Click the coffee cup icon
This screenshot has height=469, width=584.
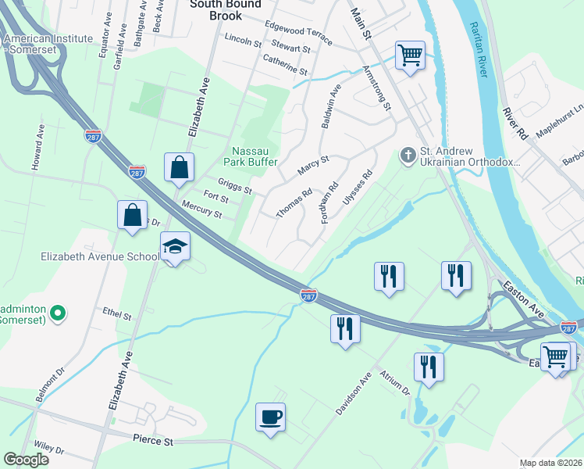[x=271, y=416]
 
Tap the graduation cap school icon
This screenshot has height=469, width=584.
[x=176, y=246]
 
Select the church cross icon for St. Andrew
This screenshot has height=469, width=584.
[x=407, y=156]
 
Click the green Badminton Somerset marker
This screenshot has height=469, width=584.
[x=56, y=314]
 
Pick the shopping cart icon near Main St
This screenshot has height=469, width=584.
[x=410, y=55]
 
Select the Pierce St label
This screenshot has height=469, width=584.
[x=152, y=442]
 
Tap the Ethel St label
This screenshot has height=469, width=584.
[x=117, y=313]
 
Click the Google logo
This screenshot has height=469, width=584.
[x=27, y=460]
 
